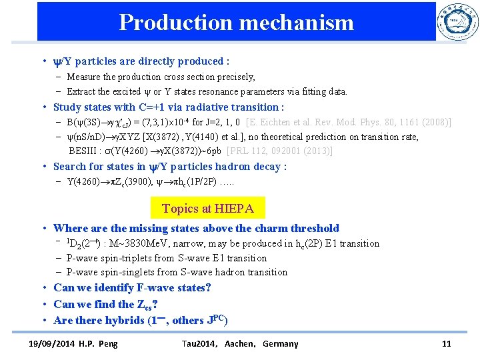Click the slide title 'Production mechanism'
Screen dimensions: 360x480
pos(236,23)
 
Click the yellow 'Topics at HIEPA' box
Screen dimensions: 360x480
pos(207,209)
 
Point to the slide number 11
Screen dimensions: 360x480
pos(446,344)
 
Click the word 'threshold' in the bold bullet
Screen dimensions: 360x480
pos(314,229)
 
